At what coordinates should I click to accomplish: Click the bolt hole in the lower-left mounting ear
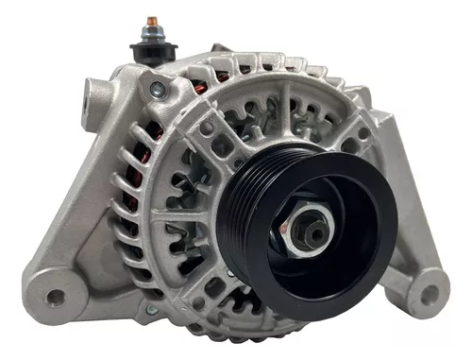[x=56, y=296]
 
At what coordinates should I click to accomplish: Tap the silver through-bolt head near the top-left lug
[x=156, y=90]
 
